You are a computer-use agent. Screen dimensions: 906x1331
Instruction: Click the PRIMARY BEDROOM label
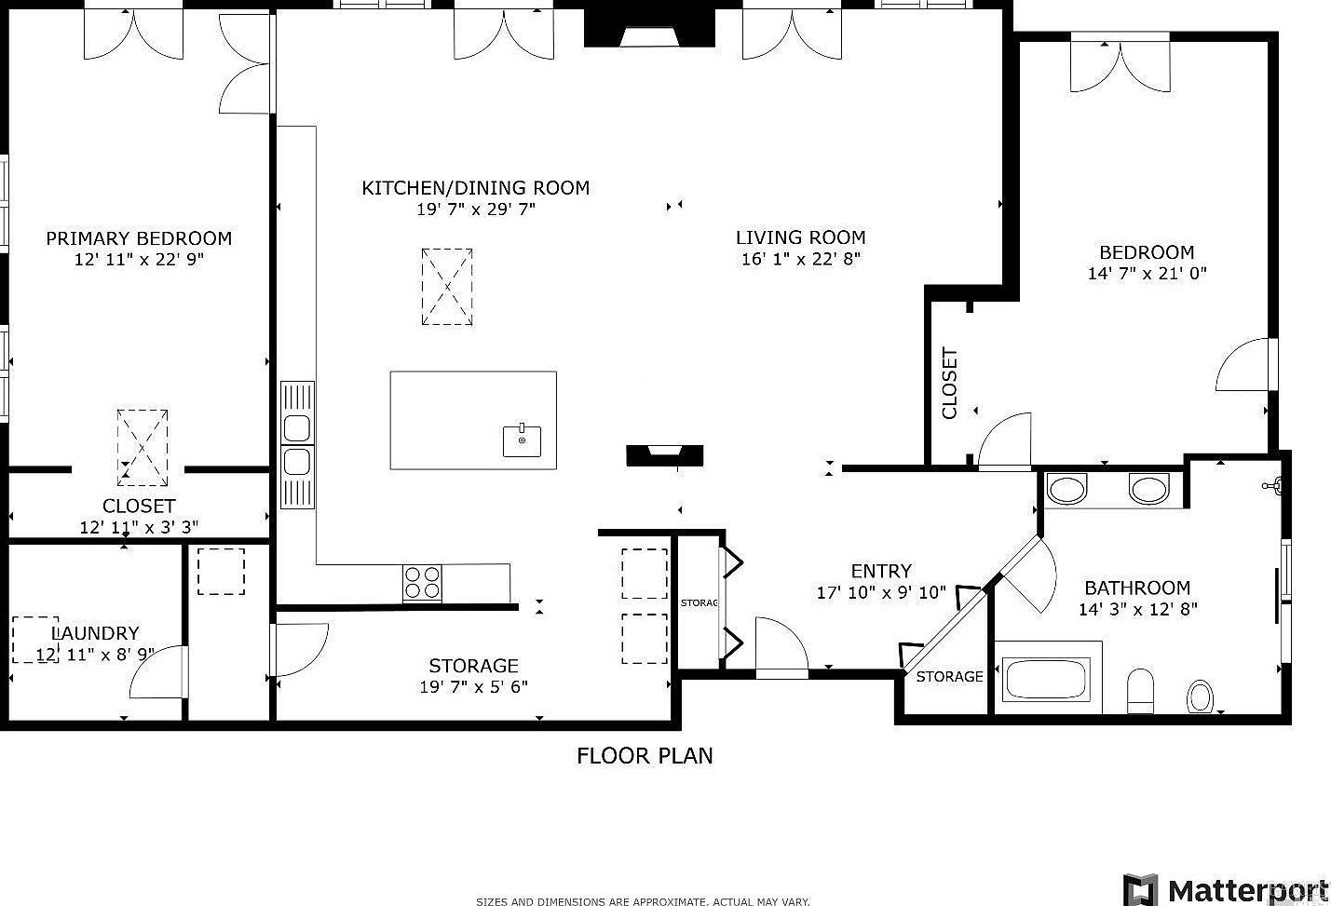tap(139, 238)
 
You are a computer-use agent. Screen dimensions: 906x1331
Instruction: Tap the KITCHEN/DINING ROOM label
tap(475, 188)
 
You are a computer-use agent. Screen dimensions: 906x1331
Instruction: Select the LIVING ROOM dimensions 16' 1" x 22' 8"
tap(800, 259)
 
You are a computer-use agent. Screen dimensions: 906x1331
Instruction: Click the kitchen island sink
tap(522, 440)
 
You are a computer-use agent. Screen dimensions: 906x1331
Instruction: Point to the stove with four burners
tap(421, 583)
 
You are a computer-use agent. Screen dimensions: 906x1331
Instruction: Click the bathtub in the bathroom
tap(1045, 680)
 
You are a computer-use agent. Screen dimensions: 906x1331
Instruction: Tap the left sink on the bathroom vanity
tap(1067, 489)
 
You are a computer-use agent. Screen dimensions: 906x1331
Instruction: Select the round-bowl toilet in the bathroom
tap(1201, 696)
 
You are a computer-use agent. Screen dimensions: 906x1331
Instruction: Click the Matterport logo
tap(1226, 887)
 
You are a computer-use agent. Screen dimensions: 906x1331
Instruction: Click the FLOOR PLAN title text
tap(645, 755)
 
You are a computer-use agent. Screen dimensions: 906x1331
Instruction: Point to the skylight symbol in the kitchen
tap(447, 287)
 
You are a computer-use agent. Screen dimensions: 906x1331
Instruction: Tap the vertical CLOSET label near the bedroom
tap(949, 384)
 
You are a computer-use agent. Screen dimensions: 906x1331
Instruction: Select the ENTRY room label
tap(881, 571)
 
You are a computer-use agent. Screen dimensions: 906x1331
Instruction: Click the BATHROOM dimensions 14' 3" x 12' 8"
tap(1137, 610)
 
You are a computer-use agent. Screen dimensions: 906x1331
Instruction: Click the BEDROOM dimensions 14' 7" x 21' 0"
tap(1147, 274)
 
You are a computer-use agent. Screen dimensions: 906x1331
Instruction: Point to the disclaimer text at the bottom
tap(643, 900)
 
